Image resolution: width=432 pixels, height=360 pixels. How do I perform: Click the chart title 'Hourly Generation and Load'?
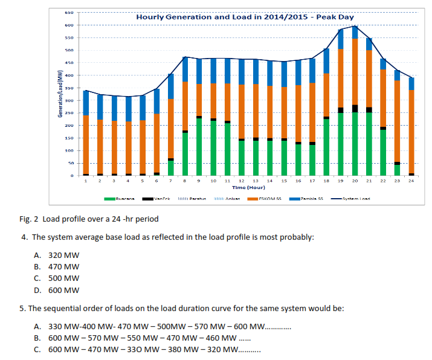[x=245, y=17]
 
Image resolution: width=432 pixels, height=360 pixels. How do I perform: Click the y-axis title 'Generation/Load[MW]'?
[x=60, y=94]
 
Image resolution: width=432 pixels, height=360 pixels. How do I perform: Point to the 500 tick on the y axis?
[x=70, y=51]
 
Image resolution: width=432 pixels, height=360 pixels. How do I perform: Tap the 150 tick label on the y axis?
[x=70, y=138]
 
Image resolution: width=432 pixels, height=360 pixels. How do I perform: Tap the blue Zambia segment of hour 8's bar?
[x=185, y=69]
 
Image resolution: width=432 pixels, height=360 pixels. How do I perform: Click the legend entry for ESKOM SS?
[x=267, y=199]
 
